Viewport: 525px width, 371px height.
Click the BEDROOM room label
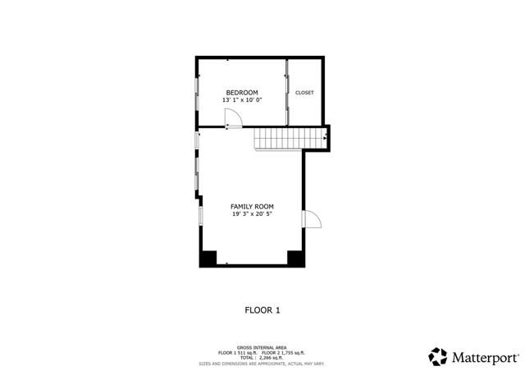point(242,92)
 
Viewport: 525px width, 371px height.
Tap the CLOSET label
point(304,93)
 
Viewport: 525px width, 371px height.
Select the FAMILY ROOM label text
point(252,206)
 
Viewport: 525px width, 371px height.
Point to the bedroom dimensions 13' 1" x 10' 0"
point(242,100)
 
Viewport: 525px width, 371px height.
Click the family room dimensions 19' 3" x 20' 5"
point(252,214)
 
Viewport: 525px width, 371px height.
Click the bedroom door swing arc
point(234,120)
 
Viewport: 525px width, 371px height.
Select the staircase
point(280,140)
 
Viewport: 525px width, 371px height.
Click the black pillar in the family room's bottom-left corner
point(209,258)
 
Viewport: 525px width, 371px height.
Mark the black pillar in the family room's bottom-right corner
point(295,258)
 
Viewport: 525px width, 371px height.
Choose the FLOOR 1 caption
point(262,310)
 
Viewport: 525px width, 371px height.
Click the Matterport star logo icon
point(438,357)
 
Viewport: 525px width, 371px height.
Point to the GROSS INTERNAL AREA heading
point(262,348)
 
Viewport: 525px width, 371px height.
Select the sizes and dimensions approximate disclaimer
point(262,363)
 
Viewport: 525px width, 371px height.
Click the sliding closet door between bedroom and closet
point(286,93)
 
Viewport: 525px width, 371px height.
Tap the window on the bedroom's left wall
point(197,93)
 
